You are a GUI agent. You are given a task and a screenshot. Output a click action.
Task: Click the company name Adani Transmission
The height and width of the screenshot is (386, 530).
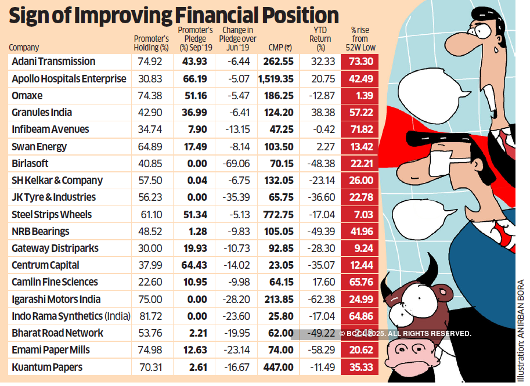coord(53,62)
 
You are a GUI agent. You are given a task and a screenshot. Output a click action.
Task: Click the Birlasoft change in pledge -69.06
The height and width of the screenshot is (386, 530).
coord(236,164)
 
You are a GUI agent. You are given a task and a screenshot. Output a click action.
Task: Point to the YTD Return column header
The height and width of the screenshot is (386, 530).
coord(320,39)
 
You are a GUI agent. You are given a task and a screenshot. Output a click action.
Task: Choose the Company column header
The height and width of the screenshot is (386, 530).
coord(24,48)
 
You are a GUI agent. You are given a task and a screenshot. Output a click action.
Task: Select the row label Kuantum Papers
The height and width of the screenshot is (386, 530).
coord(47,367)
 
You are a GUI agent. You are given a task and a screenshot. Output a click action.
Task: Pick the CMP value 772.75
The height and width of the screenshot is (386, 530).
coord(280,215)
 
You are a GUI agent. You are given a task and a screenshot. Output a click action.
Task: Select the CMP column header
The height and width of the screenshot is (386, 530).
coord(280,48)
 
